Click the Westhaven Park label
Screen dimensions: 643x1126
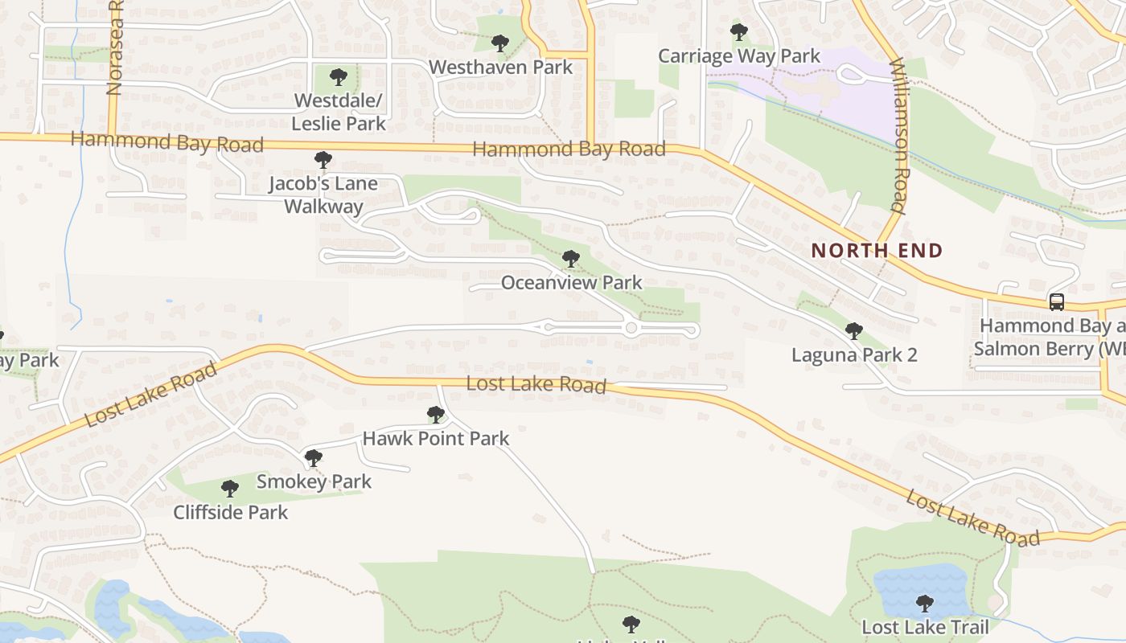[500, 67]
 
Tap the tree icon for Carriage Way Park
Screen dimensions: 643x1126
[738, 33]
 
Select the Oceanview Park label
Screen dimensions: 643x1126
[571, 282]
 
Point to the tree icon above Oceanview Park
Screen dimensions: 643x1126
[571, 259]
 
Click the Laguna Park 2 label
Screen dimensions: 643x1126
[854, 354]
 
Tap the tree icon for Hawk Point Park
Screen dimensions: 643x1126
[436, 415]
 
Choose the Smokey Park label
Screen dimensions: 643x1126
[314, 481]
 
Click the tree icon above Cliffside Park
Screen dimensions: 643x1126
[230, 488]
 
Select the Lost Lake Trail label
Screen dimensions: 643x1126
[925, 627]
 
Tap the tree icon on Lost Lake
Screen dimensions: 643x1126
[925, 603]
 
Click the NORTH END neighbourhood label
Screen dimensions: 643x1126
[876, 250]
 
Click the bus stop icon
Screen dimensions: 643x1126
[1057, 302]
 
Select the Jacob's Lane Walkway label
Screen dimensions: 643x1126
[323, 195]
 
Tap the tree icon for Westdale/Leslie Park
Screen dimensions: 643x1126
[339, 78]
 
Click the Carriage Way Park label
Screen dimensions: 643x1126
[739, 56]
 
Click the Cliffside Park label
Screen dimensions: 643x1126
[230, 512]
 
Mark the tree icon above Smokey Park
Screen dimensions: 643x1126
[314, 458]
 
